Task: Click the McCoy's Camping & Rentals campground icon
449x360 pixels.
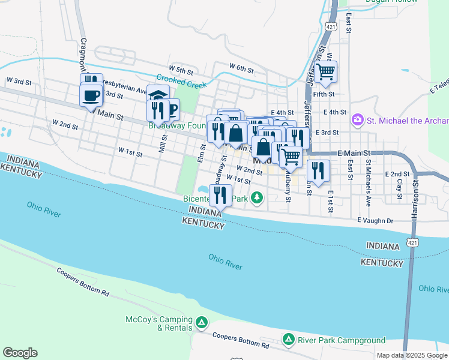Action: (203, 323)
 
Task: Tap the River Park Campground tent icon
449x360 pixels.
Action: (289, 341)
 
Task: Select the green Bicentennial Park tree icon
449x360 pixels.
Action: (257, 197)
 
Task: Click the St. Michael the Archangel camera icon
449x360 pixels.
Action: (358, 120)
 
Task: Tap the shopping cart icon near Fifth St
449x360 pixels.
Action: (326, 72)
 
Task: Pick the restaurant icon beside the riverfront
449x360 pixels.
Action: (220, 194)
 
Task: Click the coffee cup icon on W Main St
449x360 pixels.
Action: (91, 95)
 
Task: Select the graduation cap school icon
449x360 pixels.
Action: (158, 96)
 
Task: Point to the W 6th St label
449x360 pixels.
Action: (242, 67)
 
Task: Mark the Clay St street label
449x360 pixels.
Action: (399, 187)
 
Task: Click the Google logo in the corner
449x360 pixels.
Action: (20, 353)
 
